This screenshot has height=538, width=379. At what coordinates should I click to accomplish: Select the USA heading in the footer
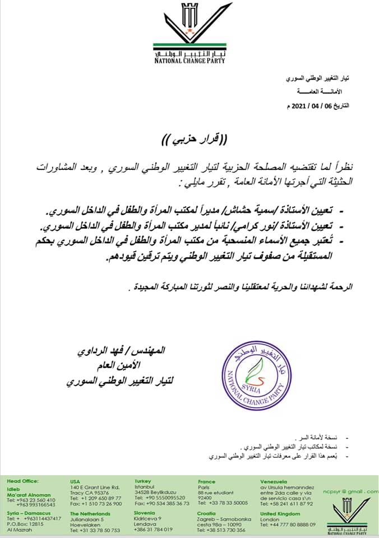75,481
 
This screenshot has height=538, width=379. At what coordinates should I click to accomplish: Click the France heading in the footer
206,481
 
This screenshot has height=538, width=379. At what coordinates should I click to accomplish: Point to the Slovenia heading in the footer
145,513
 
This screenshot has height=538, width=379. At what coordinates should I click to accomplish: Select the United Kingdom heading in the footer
280,513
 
